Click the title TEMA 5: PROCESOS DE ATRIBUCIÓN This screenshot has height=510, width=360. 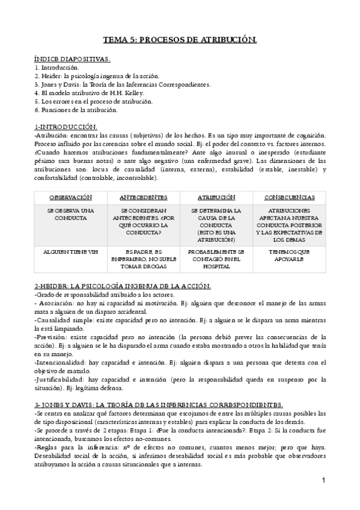180,40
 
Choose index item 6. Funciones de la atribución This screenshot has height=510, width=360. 76,110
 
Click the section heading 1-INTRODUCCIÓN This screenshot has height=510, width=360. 66,127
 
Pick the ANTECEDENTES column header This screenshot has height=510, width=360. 144,197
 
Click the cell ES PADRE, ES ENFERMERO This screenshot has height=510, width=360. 144,258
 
